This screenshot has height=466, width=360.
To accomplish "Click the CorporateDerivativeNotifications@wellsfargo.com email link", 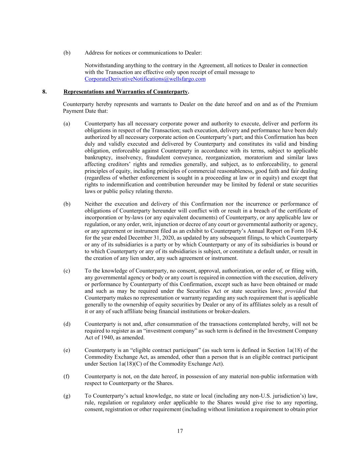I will (145, 79).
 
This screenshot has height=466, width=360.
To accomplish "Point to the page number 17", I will (180, 431).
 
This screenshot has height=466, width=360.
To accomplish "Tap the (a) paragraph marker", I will (67, 124).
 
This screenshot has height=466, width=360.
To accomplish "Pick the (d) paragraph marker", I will (67, 324).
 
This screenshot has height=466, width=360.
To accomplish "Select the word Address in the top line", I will (95, 53).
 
